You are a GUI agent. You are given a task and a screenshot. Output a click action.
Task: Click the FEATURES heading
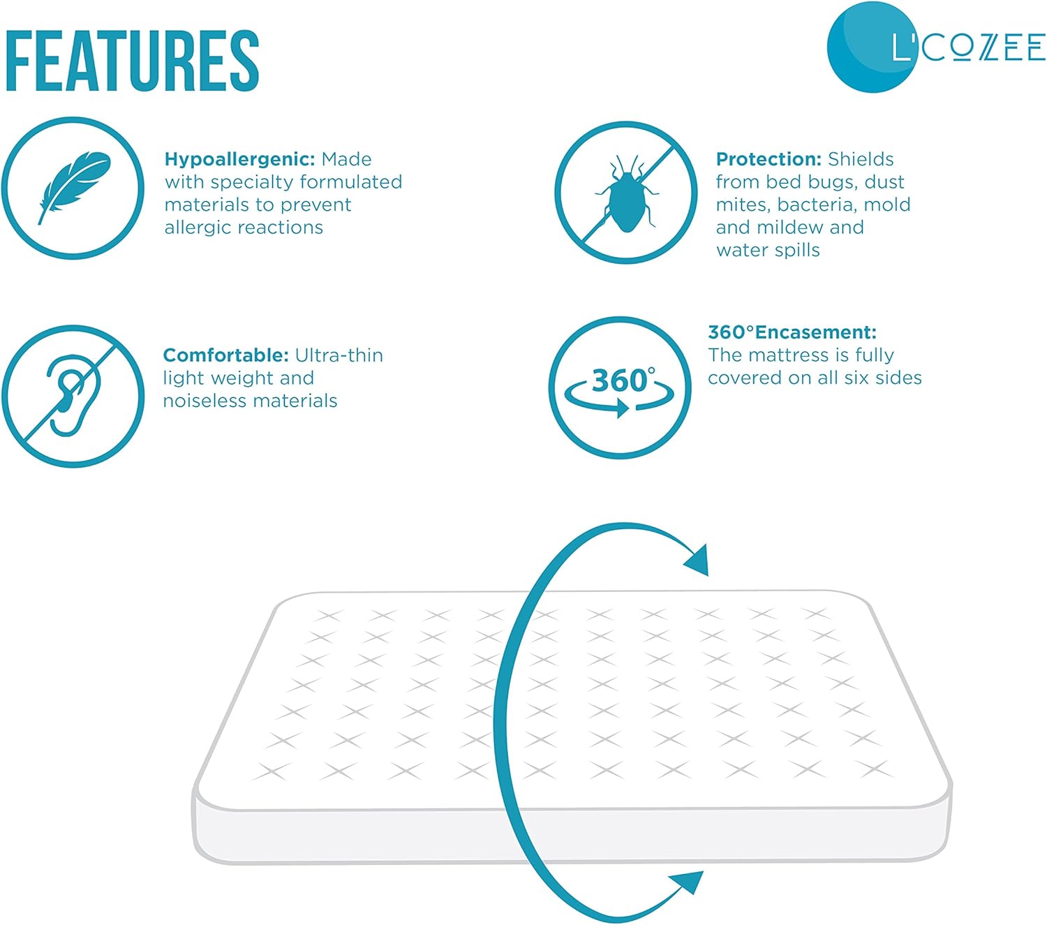click(132, 61)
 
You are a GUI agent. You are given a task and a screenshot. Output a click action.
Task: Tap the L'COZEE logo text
click(968, 47)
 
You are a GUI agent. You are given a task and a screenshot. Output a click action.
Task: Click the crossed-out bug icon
click(626, 193)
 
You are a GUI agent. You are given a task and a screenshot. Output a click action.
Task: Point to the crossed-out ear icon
click(73, 396)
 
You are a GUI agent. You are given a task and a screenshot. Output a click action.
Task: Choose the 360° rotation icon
click(620, 388)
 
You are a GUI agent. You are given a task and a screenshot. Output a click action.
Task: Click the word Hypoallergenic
click(239, 159)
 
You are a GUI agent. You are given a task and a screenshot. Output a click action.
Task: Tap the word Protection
click(768, 159)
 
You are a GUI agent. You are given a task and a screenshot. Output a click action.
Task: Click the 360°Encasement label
click(792, 332)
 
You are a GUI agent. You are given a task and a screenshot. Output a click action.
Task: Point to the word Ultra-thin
click(339, 355)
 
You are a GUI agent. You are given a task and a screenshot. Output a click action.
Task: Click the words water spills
click(768, 250)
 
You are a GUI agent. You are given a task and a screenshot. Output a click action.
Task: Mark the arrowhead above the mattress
click(697, 559)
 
